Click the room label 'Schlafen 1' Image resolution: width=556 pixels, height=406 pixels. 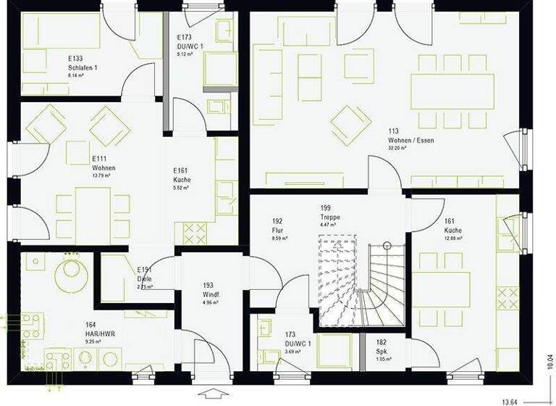point(83,67)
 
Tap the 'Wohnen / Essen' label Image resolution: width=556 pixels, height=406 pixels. point(411,140)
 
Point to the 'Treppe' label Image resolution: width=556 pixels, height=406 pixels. point(330,217)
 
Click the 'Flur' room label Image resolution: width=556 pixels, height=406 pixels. point(277,230)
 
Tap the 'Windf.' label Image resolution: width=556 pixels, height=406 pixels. point(211,296)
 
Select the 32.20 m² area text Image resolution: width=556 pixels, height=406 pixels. point(397,147)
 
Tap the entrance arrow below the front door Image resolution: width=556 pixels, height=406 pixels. point(215,394)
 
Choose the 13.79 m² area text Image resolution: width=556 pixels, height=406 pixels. point(101,175)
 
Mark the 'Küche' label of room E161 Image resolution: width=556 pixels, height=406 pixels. point(181,179)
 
